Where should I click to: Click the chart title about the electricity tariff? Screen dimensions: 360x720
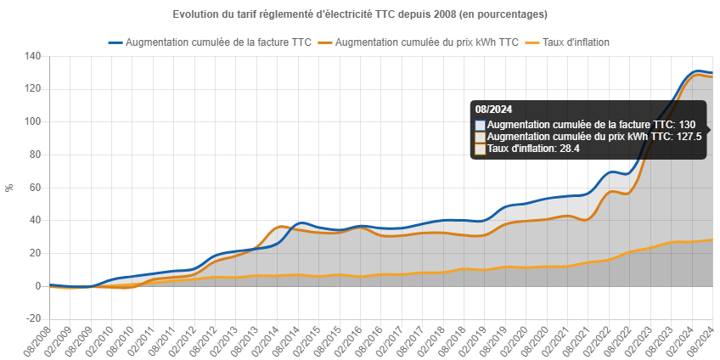(359, 15)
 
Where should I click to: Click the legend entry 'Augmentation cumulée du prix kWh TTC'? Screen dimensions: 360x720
(427, 42)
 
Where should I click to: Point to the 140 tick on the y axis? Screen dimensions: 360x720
(33, 56)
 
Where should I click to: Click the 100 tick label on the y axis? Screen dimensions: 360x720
(33, 121)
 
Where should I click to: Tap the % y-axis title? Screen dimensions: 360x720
(9, 187)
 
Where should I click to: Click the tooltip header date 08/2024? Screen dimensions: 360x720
(493, 110)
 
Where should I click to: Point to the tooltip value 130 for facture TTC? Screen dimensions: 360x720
(687, 125)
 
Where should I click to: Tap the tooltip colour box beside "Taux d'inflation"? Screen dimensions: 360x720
(481, 149)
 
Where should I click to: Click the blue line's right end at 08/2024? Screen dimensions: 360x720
(712, 73)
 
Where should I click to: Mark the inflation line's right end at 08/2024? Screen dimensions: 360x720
(712, 240)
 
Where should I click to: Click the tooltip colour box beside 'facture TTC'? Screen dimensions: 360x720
(481, 125)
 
